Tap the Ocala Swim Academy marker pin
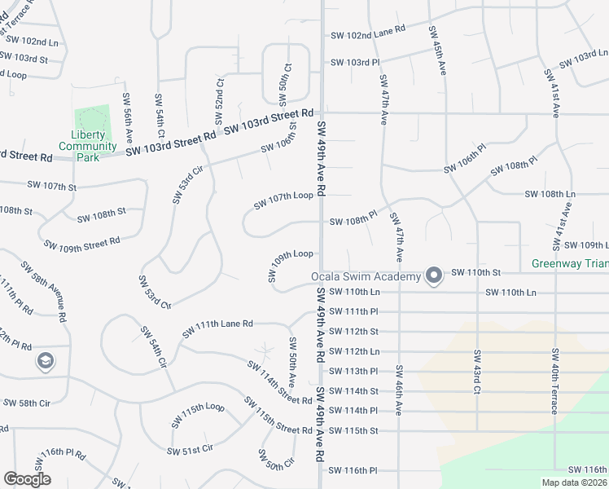point(433,275)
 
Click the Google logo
point(27,479)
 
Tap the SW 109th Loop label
point(291,266)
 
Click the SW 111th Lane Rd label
point(218,328)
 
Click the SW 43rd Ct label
point(475,372)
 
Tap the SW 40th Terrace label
point(555,381)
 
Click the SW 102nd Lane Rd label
point(368,35)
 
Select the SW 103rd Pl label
point(355,62)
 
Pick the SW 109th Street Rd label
point(81,243)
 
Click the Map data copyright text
point(574,482)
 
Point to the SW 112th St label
point(354,332)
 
